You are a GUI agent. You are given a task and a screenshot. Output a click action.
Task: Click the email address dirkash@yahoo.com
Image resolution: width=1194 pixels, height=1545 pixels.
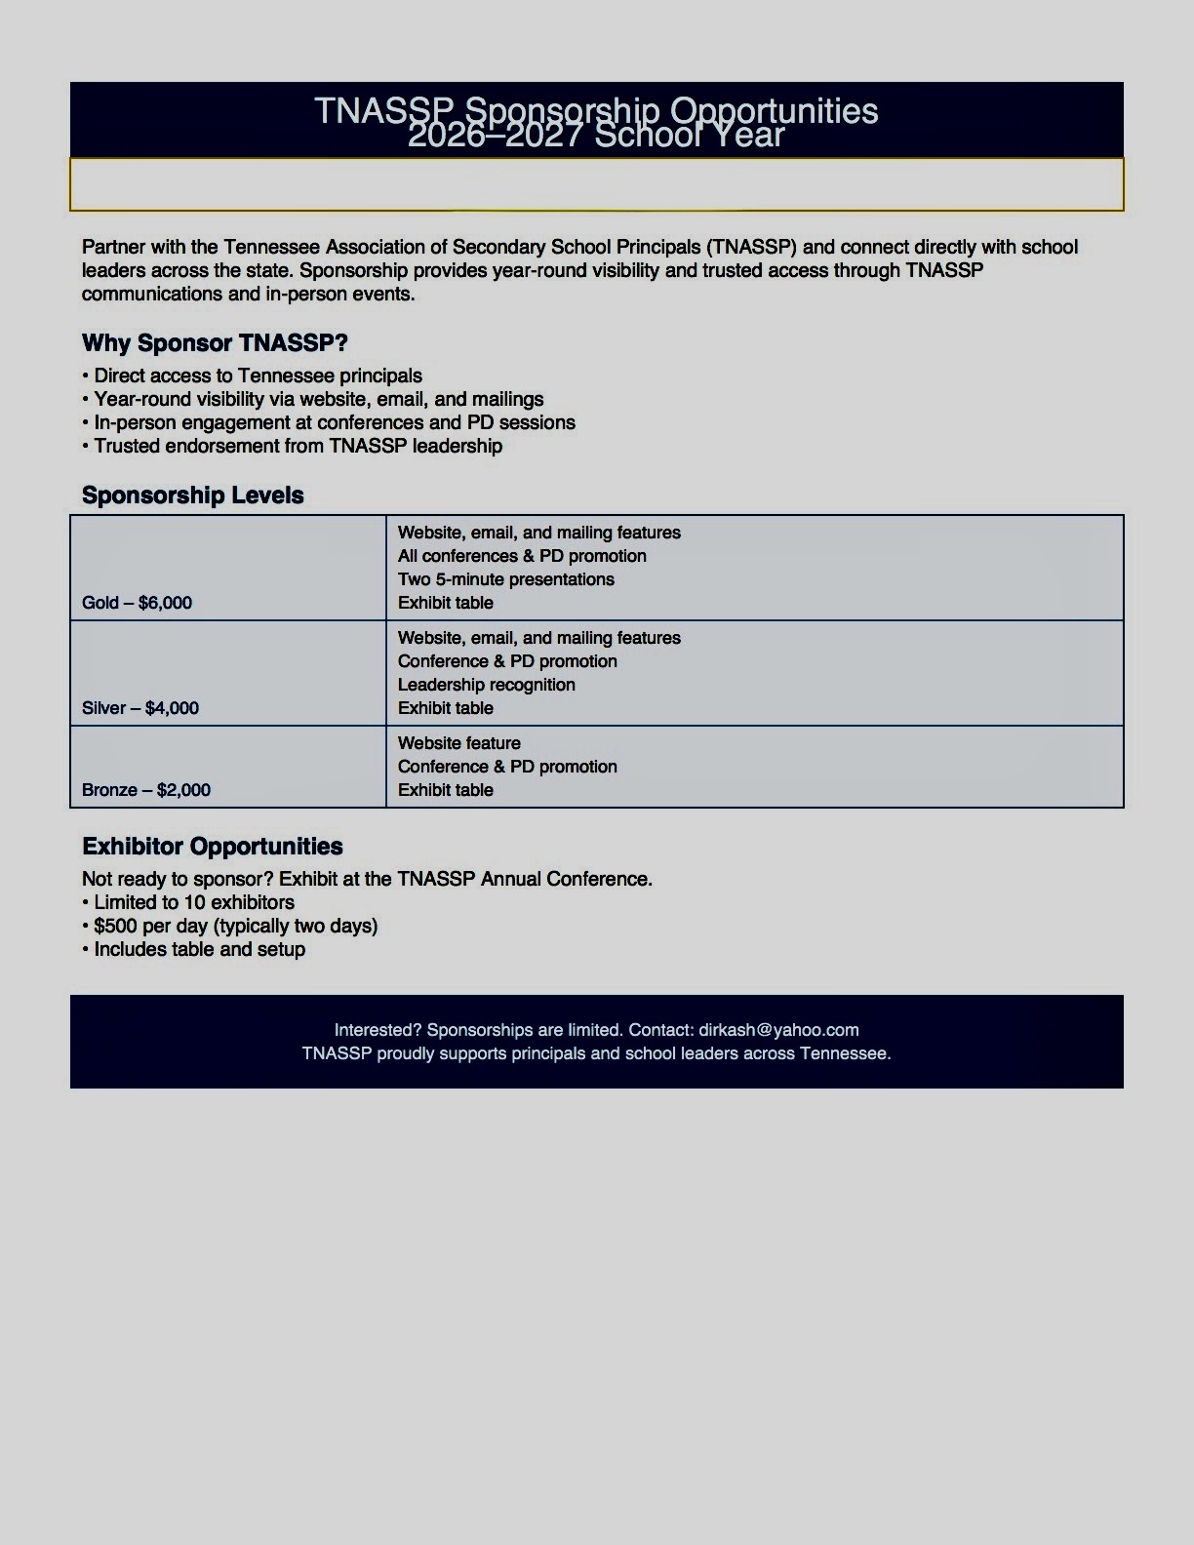(x=778, y=1030)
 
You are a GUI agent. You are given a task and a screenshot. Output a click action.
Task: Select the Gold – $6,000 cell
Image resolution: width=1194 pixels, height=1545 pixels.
(x=138, y=603)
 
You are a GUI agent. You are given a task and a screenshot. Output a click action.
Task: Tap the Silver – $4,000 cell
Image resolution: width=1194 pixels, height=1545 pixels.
(x=140, y=708)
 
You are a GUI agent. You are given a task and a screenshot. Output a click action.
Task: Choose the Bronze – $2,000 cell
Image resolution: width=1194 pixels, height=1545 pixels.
(x=146, y=790)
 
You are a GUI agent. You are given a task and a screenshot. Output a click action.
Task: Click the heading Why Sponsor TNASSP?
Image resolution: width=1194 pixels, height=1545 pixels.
(x=215, y=343)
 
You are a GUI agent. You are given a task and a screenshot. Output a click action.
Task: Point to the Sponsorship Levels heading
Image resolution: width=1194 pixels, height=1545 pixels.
(x=193, y=495)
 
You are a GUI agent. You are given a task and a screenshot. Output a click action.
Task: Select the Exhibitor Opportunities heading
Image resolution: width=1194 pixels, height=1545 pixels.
(x=213, y=847)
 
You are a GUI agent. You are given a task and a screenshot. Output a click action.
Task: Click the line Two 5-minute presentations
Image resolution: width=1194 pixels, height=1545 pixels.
(x=506, y=579)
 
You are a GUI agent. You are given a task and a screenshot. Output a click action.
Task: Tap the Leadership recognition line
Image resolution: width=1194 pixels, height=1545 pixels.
(x=487, y=685)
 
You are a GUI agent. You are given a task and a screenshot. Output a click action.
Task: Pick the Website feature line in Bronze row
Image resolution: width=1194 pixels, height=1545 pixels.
(x=459, y=743)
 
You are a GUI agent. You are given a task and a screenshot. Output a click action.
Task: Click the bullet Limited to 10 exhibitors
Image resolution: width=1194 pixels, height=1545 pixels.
(x=194, y=903)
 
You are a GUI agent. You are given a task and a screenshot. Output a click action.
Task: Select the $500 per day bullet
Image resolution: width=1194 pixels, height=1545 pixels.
(x=235, y=927)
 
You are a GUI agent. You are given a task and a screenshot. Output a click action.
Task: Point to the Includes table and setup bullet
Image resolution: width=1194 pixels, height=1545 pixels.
(x=199, y=950)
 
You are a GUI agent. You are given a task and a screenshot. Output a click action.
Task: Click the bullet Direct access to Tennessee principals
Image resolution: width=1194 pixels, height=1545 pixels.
(x=258, y=376)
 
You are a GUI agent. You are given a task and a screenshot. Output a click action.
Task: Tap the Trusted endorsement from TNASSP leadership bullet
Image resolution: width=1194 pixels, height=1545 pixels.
(x=298, y=447)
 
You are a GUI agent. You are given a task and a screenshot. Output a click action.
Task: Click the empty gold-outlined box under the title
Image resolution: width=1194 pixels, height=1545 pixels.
(x=597, y=184)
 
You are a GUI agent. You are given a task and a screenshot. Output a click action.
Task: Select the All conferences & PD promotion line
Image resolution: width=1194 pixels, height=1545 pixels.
(x=522, y=556)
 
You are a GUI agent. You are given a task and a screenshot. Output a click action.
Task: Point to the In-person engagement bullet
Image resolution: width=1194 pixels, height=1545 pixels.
(x=335, y=423)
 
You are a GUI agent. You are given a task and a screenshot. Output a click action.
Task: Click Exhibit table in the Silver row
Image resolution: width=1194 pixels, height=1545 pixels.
(x=446, y=708)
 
